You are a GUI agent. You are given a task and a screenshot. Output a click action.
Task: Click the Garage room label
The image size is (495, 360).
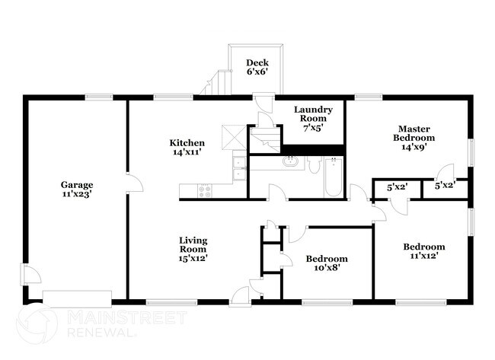tap(77, 185)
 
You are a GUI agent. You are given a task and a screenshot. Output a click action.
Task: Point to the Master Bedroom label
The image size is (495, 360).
tap(414, 133)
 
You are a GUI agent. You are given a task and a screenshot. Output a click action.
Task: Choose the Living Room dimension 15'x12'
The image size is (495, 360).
tap(193, 258)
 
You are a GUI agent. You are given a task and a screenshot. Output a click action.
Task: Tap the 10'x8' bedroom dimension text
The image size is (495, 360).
tap(327, 268)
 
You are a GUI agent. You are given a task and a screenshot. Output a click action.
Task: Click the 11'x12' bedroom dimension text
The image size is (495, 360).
tap(424, 256)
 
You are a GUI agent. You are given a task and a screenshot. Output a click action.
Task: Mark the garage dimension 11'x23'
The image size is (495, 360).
tap(77, 195)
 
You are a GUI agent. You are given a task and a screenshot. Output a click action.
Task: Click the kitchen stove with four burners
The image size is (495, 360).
tap(205, 190)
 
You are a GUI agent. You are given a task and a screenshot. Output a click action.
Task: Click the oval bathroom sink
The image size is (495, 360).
tap(290, 161)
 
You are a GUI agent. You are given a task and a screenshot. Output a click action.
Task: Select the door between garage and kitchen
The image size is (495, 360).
tap(131, 183)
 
